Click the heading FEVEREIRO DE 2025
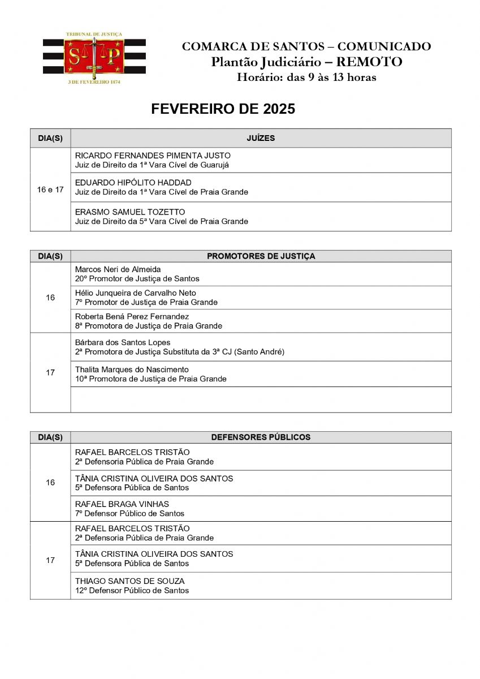click(x=223, y=109)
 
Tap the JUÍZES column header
click(x=261, y=138)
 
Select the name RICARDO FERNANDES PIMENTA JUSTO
click(x=153, y=156)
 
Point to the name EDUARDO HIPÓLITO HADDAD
click(x=133, y=183)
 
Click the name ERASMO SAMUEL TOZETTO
click(x=130, y=212)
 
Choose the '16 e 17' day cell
click(x=50, y=190)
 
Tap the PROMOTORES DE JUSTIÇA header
click(x=261, y=256)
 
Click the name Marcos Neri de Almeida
click(x=118, y=269)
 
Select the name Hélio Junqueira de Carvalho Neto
click(x=136, y=293)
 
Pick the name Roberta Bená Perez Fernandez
click(x=132, y=316)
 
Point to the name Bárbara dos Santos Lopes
click(x=123, y=342)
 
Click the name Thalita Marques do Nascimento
click(x=132, y=369)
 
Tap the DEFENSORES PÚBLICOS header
click(x=261, y=437)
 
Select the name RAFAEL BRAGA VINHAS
click(x=122, y=504)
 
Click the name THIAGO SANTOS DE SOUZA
click(x=129, y=581)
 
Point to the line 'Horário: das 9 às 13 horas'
click(x=306, y=78)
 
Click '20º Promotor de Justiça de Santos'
click(x=137, y=279)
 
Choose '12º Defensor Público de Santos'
click(x=132, y=591)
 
